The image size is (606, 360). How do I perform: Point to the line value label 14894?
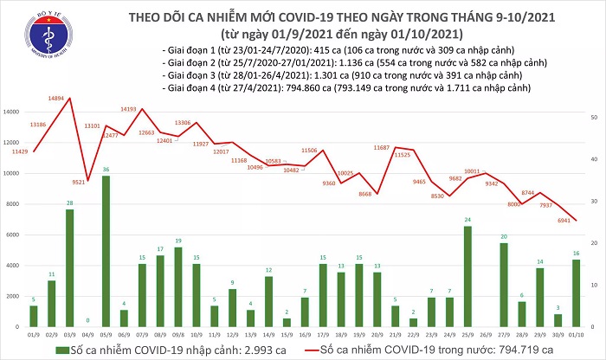(70, 100)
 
